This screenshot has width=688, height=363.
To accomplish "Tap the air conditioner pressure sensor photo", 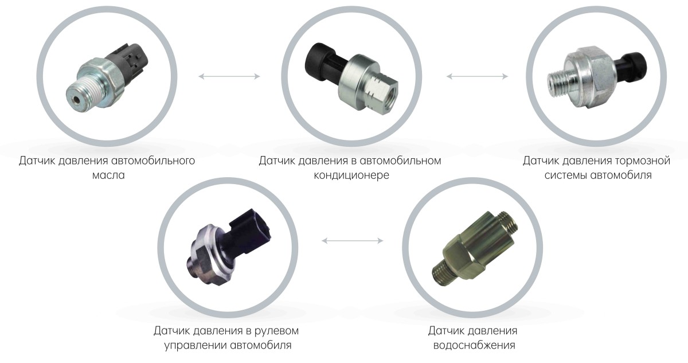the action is (351, 79).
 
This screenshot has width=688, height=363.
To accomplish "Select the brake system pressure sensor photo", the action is (597, 77).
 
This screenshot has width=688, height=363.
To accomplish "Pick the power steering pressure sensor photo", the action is (229, 247).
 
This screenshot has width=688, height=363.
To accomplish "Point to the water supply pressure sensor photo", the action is (475, 248).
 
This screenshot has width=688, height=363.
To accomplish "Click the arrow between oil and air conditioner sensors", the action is (229, 76).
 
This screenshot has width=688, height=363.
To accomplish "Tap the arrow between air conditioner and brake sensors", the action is (477, 76).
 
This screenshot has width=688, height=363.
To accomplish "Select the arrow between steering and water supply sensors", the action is (353, 240).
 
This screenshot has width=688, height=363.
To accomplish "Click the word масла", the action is (108, 175).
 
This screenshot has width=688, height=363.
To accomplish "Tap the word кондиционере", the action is (351, 175).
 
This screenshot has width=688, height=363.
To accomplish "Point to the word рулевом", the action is (276, 331).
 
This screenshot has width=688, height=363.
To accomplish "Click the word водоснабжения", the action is (474, 345).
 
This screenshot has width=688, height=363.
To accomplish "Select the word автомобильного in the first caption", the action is (153, 161).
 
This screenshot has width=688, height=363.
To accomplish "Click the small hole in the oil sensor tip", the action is (76, 100).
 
